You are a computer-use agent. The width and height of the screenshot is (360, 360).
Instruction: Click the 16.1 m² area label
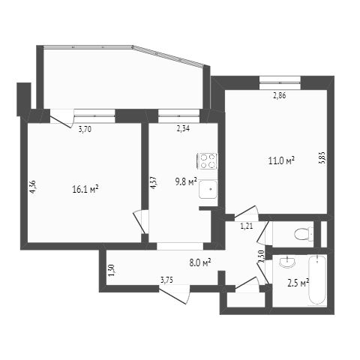(85, 190)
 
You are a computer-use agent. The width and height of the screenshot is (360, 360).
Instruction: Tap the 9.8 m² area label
(186, 181)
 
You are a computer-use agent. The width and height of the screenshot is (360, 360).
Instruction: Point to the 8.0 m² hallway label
(199, 262)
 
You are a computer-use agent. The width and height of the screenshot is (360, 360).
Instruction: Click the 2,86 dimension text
(279, 94)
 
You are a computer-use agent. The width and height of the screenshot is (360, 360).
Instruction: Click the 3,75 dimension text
(167, 280)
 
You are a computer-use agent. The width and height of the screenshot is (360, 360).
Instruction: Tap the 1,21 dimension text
(246, 225)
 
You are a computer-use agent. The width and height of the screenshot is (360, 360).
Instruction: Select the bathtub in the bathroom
(316, 281)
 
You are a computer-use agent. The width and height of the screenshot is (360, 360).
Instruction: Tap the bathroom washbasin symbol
(285, 262)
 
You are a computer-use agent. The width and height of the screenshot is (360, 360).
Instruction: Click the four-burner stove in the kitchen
(208, 161)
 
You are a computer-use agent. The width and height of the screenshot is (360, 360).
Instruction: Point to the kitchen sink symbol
(208, 190)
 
